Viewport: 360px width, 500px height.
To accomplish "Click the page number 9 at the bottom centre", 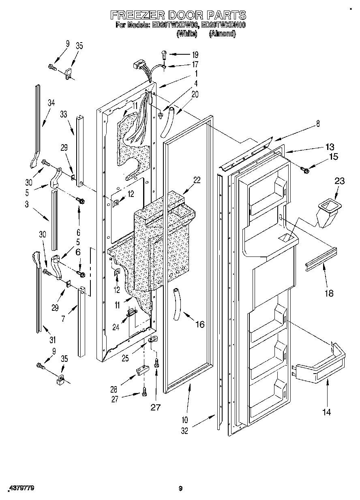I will click(x=180, y=489).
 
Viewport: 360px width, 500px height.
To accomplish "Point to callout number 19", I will click(x=195, y=54).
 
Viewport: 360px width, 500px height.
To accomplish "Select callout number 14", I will click(x=326, y=412).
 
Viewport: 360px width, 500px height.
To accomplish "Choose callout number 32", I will click(x=185, y=431).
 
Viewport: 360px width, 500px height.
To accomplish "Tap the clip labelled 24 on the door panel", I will click(x=131, y=312).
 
